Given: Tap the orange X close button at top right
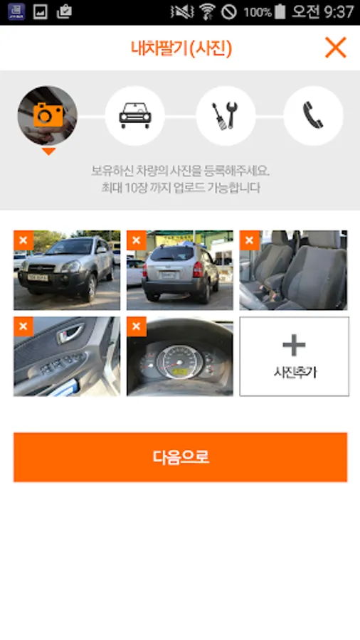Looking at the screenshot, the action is click(x=336, y=48).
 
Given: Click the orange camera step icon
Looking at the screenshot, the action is click(x=48, y=115).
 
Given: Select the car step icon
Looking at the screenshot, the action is click(x=135, y=115).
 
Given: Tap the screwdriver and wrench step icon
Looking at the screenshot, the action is click(x=226, y=116).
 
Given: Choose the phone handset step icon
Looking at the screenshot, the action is click(x=313, y=115).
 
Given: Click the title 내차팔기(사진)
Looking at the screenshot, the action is click(x=181, y=48).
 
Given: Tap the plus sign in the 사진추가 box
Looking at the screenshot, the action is click(x=294, y=346).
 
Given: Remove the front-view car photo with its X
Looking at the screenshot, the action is click(x=23, y=240).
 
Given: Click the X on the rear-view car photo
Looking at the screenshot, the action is click(x=137, y=240).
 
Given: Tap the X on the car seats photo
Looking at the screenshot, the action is click(x=250, y=240).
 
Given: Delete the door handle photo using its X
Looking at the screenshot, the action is click(x=23, y=326).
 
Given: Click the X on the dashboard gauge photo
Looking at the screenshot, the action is click(x=137, y=326).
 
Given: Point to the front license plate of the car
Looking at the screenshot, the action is click(x=37, y=277).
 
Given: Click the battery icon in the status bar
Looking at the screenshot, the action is click(x=280, y=11).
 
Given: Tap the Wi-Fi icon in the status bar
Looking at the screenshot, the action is click(x=207, y=11).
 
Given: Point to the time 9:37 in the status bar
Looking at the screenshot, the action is click(x=339, y=12).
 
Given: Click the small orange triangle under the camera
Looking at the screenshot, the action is click(x=48, y=151).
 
